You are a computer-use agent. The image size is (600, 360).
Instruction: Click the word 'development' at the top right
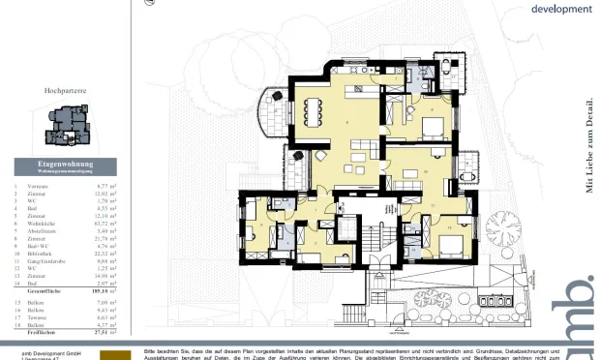coord(561,9)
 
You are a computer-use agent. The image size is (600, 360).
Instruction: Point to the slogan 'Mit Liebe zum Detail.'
coord(588,145)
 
